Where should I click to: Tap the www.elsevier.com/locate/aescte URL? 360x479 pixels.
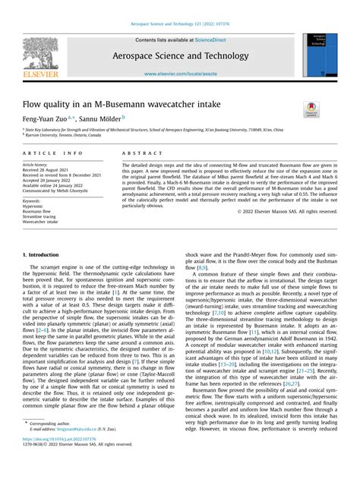pyautogui.click(x=180, y=74)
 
